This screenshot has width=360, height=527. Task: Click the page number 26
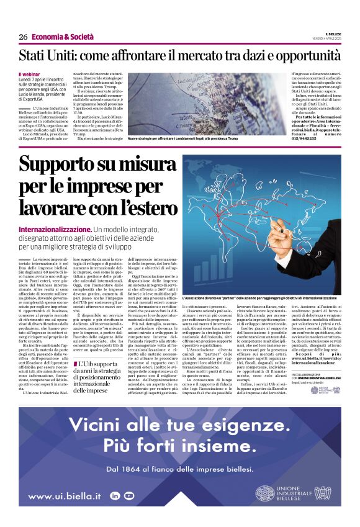[x=23, y=37]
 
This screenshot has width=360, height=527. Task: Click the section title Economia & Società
[x=58, y=37]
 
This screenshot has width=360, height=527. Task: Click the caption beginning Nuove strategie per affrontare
[x=182, y=138]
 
